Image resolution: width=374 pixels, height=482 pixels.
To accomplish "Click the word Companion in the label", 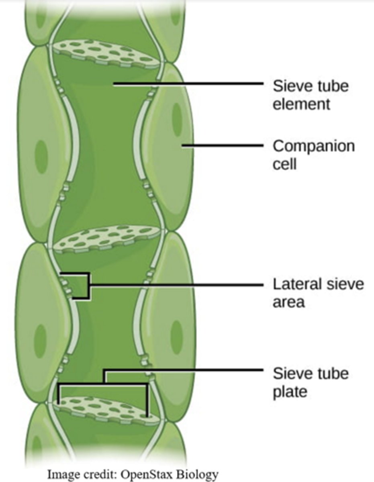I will point(313,146).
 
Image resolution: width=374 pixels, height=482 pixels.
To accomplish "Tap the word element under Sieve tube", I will point(301,104).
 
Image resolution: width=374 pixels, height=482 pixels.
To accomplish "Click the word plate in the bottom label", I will point(290,391).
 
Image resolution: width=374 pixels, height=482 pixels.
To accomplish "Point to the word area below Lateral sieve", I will point(288,302).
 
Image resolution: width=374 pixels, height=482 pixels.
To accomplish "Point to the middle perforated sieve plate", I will point(106,238).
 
